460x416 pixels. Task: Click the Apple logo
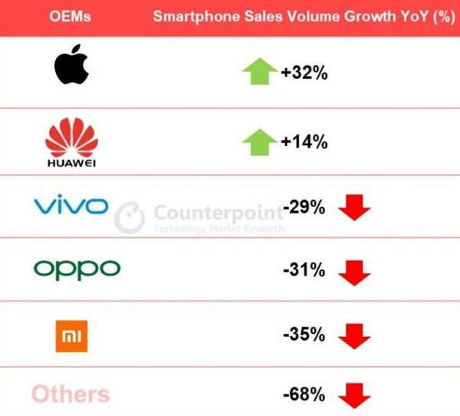pyautogui.click(x=71, y=64)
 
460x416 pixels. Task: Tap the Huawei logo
pyautogui.click(x=71, y=142)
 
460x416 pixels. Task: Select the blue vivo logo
pyautogui.click(x=71, y=204)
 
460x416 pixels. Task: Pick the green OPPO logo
pyautogui.click(x=77, y=270)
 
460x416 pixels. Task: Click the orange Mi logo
pyautogui.click(x=71, y=336)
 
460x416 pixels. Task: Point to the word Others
pyautogui.click(x=71, y=394)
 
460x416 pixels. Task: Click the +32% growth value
pyautogui.click(x=304, y=72)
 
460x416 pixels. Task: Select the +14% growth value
pyautogui.click(x=304, y=141)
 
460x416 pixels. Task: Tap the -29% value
pyautogui.click(x=304, y=206)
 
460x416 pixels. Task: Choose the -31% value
pyautogui.click(x=304, y=269)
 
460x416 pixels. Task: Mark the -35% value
pyautogui.click(x=304, y=334)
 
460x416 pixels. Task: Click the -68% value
pyautogui.click(x=304, y=394)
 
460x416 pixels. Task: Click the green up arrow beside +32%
pyautogui.click(x=260, y=71)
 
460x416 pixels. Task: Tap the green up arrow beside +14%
pyautogui.click(x=260, y=142)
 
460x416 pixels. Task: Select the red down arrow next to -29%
pyautogui.click(x=354, y=207)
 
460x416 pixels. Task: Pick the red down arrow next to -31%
pyautogui.click(x=354, y=273)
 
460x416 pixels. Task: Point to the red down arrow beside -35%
pyautogui.click(x=354, y=337)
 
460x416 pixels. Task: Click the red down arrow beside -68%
pyautogui.click(x=354, y=396)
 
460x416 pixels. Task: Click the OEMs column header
pyautogui.click(x=70, y=16)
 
